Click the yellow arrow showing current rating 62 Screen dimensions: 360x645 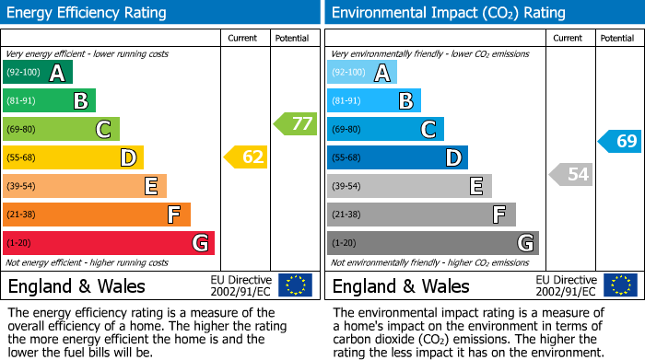(x=246, y=157)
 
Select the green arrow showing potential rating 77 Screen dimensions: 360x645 (x=295, y=123)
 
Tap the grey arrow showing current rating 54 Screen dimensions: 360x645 (x=570, y=174)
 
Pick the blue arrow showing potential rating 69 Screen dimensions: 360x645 (x=619, y=141)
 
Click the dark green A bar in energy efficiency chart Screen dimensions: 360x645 (x=37, y=73)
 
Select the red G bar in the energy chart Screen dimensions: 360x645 (x=108, y=243)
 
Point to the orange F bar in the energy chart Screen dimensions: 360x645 (x=96, y=215)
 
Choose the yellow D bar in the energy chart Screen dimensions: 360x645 (x=73, y=157)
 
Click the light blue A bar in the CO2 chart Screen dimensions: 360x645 (x=361, y=73)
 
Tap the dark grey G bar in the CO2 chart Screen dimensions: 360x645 (x=432, y=243)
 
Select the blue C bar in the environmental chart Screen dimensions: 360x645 (x=385, y=129)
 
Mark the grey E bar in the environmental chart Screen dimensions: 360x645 (x=409, y=186)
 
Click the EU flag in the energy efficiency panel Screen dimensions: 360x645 (x=295, y=285)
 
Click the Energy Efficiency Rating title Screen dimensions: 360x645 (x=88, y=13)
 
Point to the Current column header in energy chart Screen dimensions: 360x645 (x=244, y=38)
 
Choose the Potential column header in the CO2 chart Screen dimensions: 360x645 (x=616, y=38)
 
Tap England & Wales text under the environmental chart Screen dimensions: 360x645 (x=401, y=285)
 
